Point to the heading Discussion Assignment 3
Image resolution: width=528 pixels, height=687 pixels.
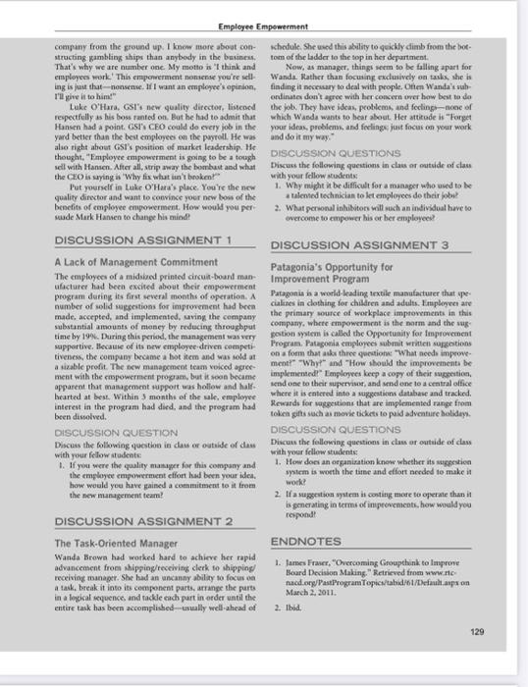tap(363, 244)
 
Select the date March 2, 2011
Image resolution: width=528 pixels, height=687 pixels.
tap(327, 593)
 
